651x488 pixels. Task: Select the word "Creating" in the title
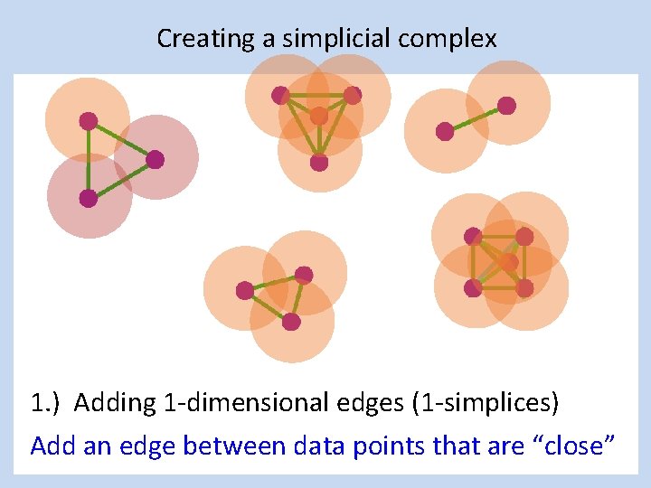click(192, 39)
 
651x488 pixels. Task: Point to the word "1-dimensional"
click(205, 402)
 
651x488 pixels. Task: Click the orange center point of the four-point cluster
click(319, 116)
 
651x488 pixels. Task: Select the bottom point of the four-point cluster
click(319, 163)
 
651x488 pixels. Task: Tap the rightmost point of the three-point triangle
click(155, 160)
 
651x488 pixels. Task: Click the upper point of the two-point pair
click(506, 106)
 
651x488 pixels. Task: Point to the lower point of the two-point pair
click(445, 132)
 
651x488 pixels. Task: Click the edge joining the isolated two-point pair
click(476, 118)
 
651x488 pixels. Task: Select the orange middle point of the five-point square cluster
click(509, 262)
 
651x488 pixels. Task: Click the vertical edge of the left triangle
click(89, 160)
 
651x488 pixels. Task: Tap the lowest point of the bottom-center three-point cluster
click(291, 321)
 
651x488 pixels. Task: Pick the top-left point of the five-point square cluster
click(473, 237)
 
